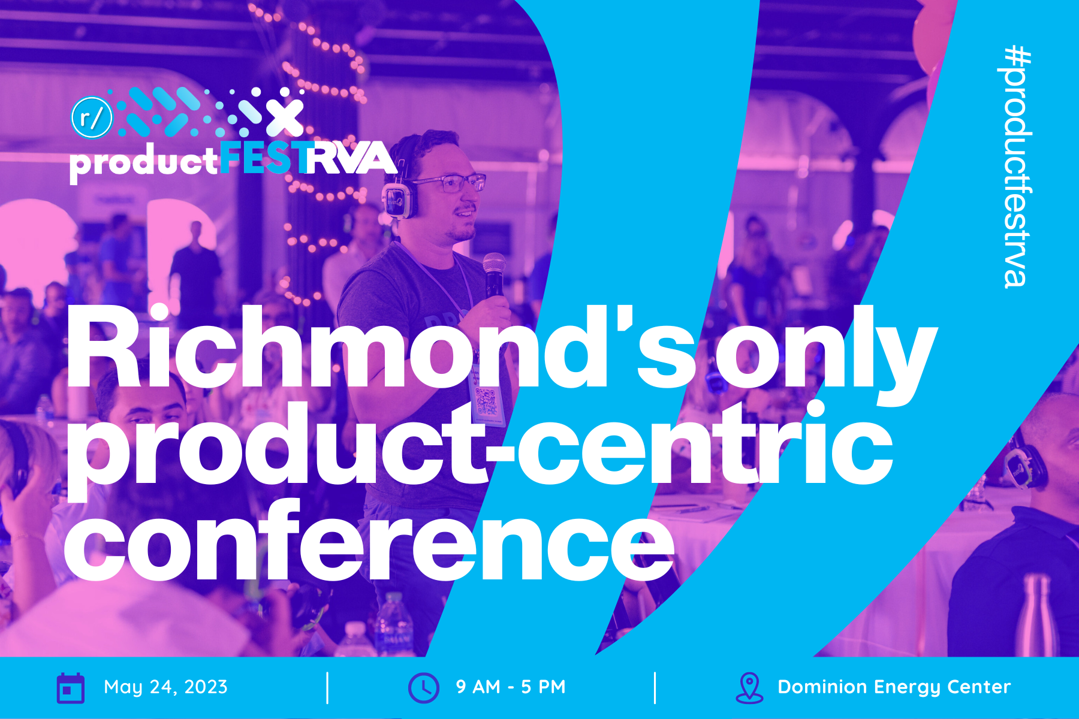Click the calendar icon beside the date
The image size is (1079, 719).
pyautogui.click(x=70, y=687)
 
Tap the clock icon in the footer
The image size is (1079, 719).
pyautogui.click(x=423, y=687)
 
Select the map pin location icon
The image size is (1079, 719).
pyautogui.click(x=749, y=687)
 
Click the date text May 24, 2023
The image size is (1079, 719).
pyautogui.click(x=165, y=687)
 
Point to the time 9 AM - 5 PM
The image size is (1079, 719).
pyautogui.click(x=511, y=687)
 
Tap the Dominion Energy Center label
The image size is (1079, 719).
pyautogui.click(x=894, y=687)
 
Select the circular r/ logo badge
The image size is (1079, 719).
pyautogui.click(x=92, y=117)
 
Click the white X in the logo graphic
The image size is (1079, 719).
pyautogui.click(x=284, y=117)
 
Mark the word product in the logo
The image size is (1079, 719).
pyautogui.click(x=144, y=162)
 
